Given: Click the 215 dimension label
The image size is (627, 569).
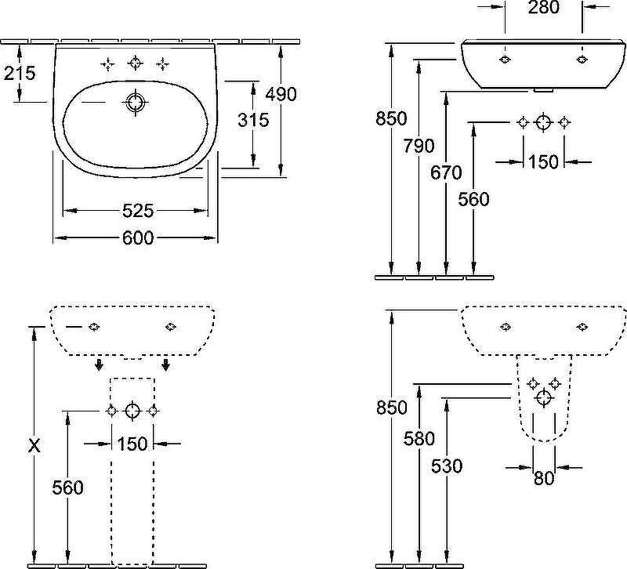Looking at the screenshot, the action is [x=20, y=73].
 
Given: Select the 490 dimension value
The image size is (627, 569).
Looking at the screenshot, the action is [x=281, y=94].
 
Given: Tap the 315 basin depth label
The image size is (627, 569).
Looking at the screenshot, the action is [x=253, y=120].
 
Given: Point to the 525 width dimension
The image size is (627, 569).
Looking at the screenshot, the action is [x=138, y=211].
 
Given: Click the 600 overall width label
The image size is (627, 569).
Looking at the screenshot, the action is [x=138, y=238].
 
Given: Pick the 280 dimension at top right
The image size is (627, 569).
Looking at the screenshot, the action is [x=543, y=7].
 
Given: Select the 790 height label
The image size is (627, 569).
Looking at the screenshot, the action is [x=419, y=146].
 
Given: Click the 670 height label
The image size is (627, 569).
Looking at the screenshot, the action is [x=446, y=172].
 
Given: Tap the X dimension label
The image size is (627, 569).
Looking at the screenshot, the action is [x=34, y=445].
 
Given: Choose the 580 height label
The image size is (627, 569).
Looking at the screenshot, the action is [x=419, y=439].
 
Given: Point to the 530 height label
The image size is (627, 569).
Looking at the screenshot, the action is [x=447, y=466].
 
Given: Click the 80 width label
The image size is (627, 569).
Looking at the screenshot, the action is [x=544, y=478].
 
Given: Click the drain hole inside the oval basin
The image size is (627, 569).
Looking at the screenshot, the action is [x=136, y=103].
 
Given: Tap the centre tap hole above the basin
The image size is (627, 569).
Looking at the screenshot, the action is [x=136, y=63].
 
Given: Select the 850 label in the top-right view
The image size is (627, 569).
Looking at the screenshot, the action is [x=391, y=119].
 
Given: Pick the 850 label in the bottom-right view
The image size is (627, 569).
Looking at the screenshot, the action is [x=391, y=408].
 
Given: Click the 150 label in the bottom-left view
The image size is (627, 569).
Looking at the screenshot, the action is [x=132, y=444].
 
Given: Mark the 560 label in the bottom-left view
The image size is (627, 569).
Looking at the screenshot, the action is [x=68, y=487].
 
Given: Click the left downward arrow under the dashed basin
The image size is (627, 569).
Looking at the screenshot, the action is [x=99, y=364].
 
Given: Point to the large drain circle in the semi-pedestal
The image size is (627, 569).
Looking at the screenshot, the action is [x=544, y=398].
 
